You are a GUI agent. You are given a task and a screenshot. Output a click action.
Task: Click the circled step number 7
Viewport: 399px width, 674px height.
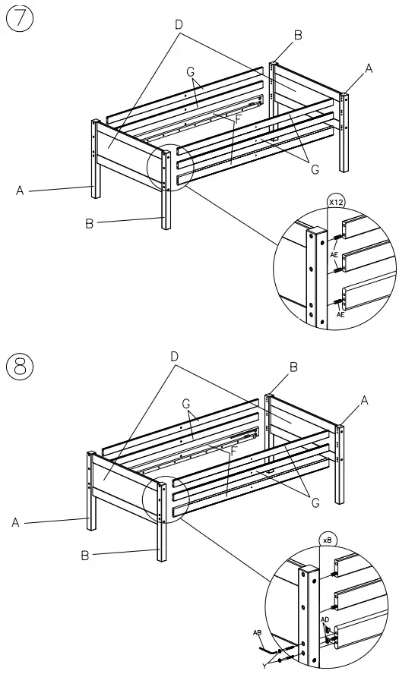tap(21, 20)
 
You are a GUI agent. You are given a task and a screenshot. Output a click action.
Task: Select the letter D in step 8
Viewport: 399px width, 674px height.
tap(174, 355)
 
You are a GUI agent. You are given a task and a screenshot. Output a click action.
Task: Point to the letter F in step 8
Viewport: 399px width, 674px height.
tap(235, 451)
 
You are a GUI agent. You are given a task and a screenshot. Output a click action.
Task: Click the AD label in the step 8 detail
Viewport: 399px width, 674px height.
tap(325, 619)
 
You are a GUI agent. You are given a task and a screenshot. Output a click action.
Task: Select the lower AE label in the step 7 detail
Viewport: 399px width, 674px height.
tap(340, 314)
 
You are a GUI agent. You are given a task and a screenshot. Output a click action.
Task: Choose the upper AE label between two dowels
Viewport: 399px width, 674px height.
tap(335, 257)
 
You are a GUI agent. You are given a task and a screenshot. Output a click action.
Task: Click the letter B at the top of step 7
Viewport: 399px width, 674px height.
tap(298, 35)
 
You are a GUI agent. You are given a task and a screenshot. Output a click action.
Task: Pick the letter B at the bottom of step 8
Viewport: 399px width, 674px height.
tap(86, 556)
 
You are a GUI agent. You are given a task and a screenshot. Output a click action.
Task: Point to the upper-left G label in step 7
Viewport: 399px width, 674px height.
tap(191, 71)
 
